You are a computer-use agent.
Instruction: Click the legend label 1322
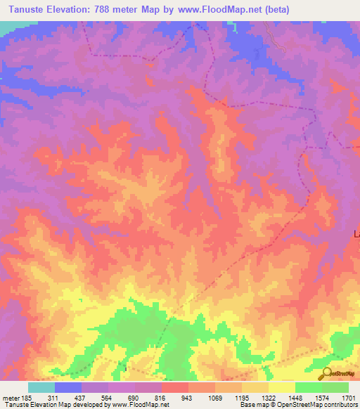pyautogui.click(x=268, y=397)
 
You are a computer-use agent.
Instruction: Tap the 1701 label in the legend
pyautogui.click(x=347, y=397)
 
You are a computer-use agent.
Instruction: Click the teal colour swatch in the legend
pyautogui.click(x=41, y=387)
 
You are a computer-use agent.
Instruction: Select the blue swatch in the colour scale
pyautogui.click(x=67, y=387)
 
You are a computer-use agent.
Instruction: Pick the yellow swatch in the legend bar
pyautogui.click(x=281, y=387)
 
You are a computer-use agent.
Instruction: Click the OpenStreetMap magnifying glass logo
pyautogui.click(x=326, y=373)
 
